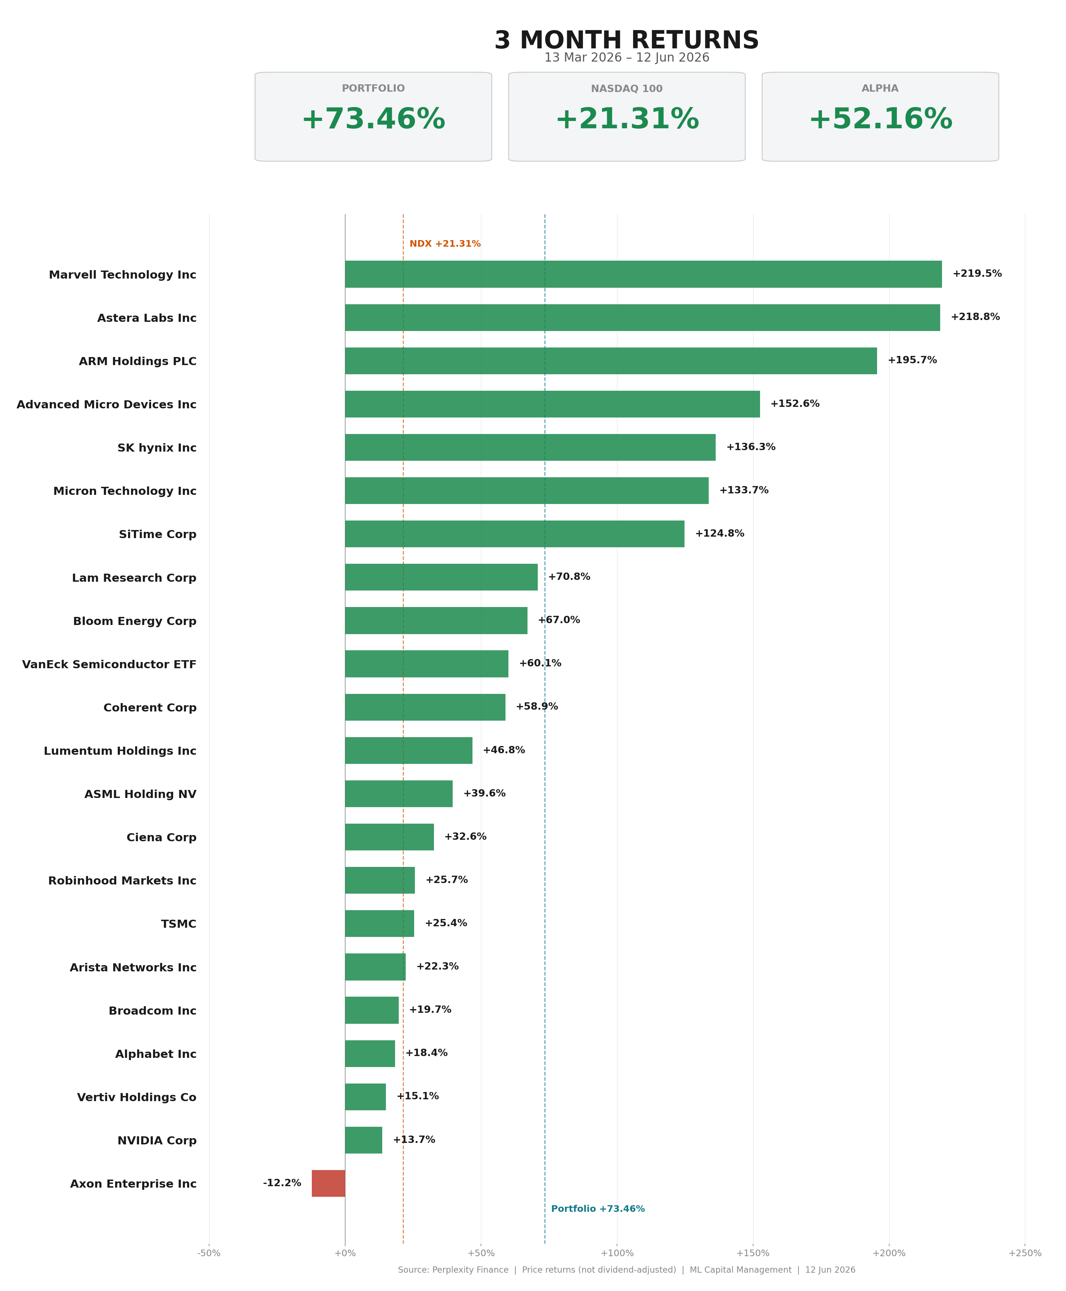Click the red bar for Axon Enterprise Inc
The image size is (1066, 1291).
[x=329, y=1183]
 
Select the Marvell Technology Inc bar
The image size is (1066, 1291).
[x=643, y=274]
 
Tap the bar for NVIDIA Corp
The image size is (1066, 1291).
[x=364, y=1140]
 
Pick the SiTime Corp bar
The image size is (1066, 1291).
[x=515, y=534]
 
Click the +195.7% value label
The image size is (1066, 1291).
[x=912, y=360]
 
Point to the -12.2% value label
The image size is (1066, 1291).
[x=282, y=1183]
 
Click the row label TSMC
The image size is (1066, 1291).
[x=179, y=924]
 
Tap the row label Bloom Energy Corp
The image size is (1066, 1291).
[x=135, y=621]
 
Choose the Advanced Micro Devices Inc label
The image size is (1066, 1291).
[x=106, y=404]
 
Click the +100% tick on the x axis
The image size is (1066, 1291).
[x=617, y=1253]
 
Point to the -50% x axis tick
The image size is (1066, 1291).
[x=209, y=1253]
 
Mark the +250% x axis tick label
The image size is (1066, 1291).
[x=1025, y=1253]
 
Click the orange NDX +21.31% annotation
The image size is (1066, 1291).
[x=445, y=244]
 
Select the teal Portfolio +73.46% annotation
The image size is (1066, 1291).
[x=598, y=1209]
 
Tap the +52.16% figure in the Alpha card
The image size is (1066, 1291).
[x=880, y=119]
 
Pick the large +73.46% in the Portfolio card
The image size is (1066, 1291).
[x=373, y=119]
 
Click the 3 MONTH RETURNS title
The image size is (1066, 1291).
[x=627, y=40]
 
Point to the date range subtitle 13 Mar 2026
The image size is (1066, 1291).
[x=583, y=58]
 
